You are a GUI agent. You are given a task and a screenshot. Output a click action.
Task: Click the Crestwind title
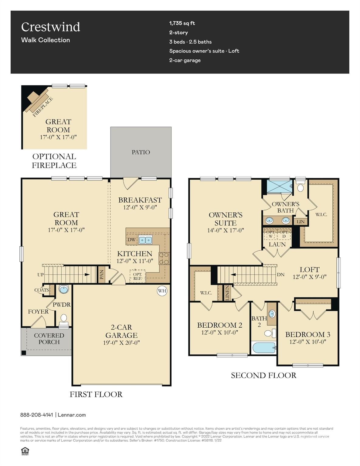pos(51,27)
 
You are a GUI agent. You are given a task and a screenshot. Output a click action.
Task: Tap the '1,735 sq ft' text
pos(182,23)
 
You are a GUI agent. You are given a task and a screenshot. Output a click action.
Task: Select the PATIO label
pos(141,152)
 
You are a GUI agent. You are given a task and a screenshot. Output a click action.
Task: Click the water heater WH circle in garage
pos(162,291)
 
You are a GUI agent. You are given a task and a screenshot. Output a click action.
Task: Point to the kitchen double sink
pos(145,240)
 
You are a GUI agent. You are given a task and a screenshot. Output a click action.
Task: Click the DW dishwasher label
pos(131,240)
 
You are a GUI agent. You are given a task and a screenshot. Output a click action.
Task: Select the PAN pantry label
pos(102,275)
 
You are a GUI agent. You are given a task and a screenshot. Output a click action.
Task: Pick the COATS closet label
pos(42,290)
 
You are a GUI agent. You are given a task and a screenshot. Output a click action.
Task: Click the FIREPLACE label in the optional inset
pos(42,107)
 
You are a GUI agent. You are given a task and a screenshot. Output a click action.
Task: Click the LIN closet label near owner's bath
pos(301,222)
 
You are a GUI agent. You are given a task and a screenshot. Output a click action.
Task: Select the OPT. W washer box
pos(270,234)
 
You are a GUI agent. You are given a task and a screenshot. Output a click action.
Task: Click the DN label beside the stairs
pos(281,275)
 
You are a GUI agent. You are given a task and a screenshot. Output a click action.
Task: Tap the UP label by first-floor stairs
pos(40,275)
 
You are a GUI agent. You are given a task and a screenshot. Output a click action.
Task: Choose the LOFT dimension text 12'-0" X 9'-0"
pos(309,277)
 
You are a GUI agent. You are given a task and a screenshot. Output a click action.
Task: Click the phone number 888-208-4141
pos(37,415)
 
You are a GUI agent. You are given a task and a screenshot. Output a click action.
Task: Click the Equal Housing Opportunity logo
pos(25,451)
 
